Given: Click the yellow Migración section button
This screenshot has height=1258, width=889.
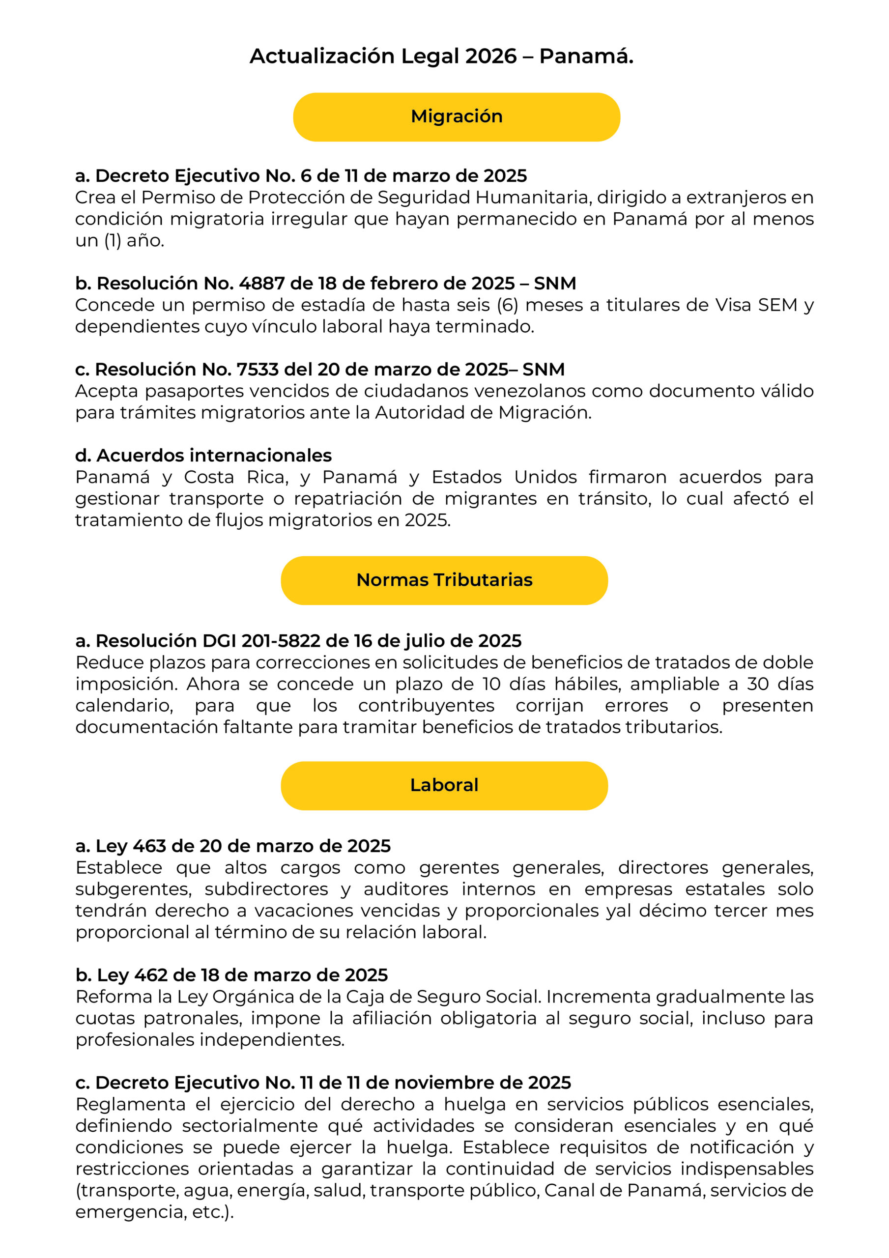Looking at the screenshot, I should (456, 116).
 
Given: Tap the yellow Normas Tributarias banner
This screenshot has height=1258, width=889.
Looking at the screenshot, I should (444, 580).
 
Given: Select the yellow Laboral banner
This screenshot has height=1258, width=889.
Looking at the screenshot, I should (444, 785).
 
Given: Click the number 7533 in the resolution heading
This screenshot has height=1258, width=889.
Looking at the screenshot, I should (257, 370).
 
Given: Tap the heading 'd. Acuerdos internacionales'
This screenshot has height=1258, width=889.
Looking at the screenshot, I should (203, 456).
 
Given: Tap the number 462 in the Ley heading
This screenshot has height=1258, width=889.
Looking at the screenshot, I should (151, 975).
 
